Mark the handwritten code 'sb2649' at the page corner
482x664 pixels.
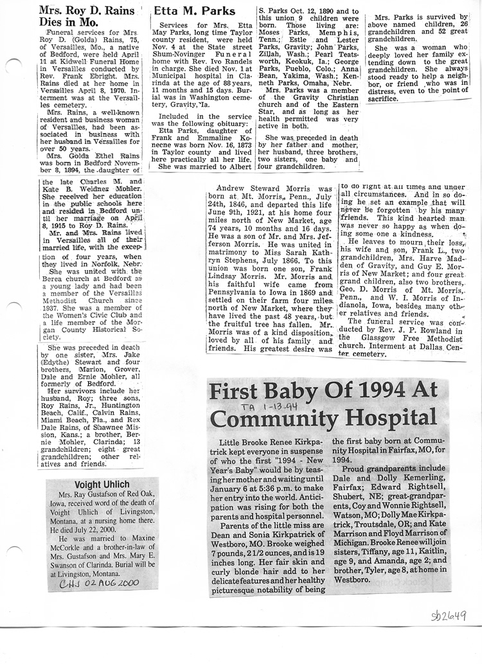point(448,615)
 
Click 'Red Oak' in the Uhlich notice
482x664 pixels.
point(134,494)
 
